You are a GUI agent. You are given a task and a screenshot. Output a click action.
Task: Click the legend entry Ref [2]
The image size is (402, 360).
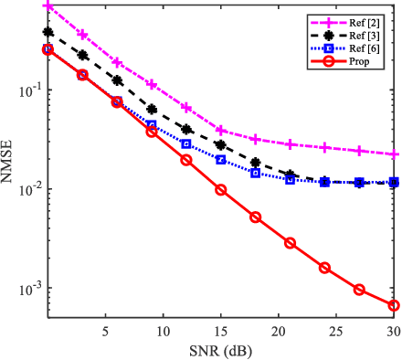[x=373, y=17]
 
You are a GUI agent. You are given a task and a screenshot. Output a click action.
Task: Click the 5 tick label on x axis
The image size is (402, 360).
[x=106, y=328]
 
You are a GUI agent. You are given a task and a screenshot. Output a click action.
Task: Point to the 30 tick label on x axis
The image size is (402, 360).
[x=393, y=328]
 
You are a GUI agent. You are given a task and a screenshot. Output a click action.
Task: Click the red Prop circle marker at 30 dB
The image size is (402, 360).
[x=395, y=305]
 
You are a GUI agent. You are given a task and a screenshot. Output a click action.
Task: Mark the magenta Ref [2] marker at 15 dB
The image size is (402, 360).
[x=221, y=131]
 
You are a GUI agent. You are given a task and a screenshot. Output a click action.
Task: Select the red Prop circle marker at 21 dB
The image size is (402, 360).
[x=291, y=243]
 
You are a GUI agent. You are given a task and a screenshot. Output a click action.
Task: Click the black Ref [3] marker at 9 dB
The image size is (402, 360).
[x=152, y=109]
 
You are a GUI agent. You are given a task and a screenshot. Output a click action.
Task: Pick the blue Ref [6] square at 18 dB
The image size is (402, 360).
[x=256, y=173]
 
